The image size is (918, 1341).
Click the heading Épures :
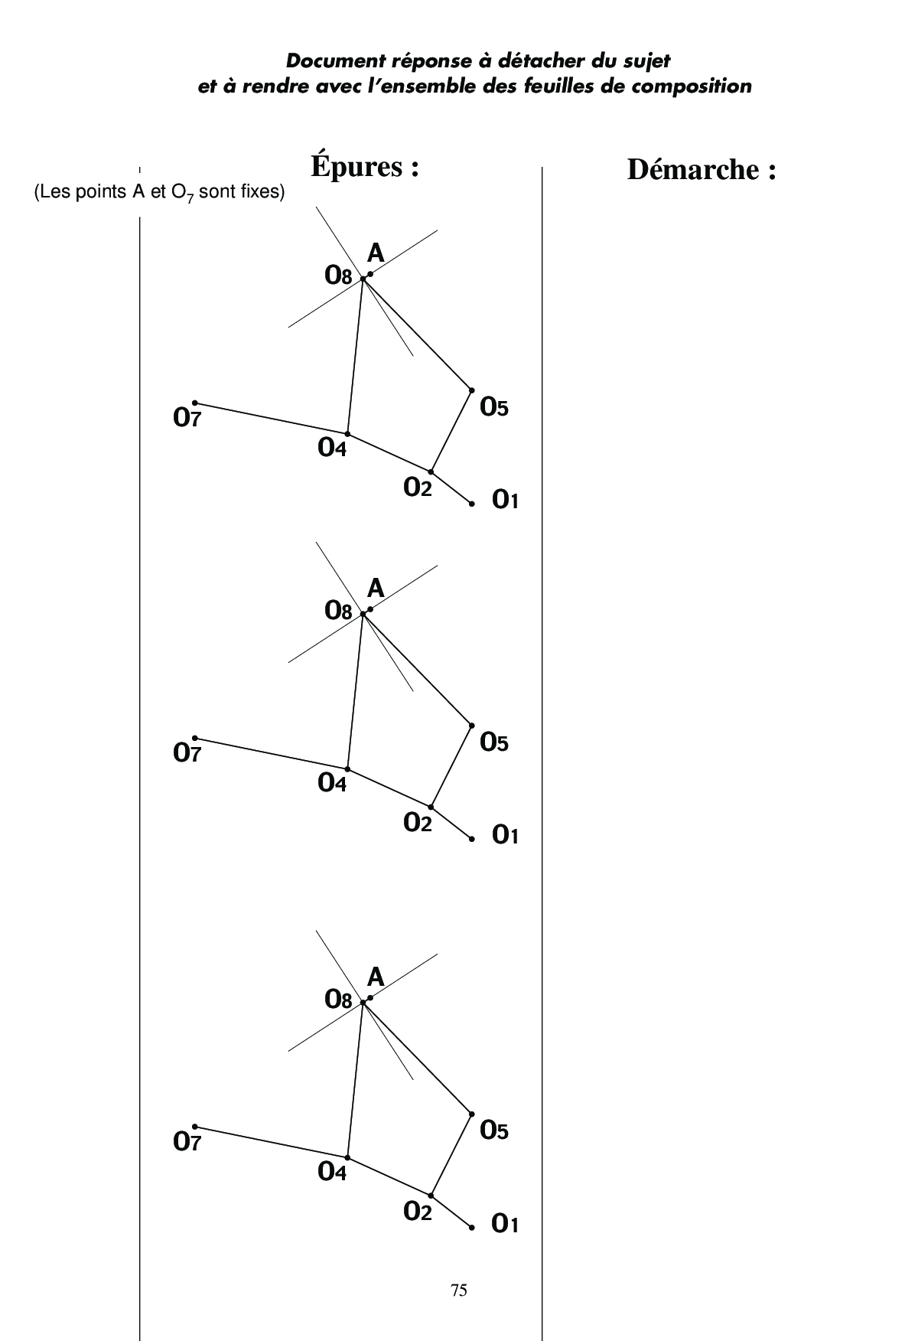click(x=365, y=166)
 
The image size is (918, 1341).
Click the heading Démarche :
click(x=702, y=169)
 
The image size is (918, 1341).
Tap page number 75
click(x=459, y=1290)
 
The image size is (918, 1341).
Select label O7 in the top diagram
click(x=187, y=418)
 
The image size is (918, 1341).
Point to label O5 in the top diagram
click(x=494, y=408)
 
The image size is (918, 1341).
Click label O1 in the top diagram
click(x=506, y=500)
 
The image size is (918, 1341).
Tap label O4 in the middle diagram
click(x=332, y=783)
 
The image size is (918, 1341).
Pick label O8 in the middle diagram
click(x=338, y=610)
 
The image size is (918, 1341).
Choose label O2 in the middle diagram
click(x=418, y=823)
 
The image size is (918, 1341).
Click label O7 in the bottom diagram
click(x=187, y=1142)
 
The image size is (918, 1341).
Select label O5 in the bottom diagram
click(x=494, y=1131)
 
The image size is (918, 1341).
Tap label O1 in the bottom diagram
click(x=506, y=1224)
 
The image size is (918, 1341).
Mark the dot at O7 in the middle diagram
click(x=195, y=738)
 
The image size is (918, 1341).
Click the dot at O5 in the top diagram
click(x=471, y=390)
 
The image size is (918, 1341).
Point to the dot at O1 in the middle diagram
click(x=472, y=839)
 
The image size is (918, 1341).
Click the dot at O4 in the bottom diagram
click(x=347, y=1157)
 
